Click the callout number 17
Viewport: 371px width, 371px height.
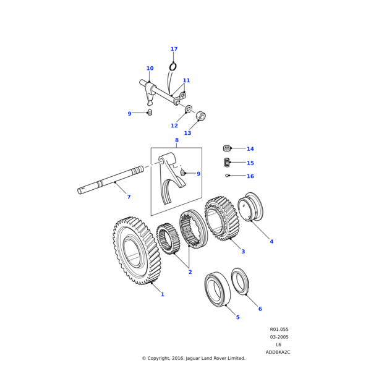(174, 49)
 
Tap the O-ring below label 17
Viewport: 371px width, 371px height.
(173, 66)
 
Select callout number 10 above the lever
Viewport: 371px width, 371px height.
(150, 69)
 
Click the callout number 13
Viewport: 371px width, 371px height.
(187, 133)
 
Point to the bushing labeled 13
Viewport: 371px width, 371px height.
(200, 116)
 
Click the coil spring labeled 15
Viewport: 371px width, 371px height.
(227, 162)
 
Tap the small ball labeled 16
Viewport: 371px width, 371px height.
(228, 176)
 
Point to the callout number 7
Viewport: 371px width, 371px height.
(129, 197)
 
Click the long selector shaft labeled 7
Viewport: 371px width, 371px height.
(111, 181)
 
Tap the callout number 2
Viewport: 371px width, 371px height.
(190, 272)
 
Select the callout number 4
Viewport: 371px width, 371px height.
(271, 241)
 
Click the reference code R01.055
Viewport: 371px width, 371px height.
(279, 330)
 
